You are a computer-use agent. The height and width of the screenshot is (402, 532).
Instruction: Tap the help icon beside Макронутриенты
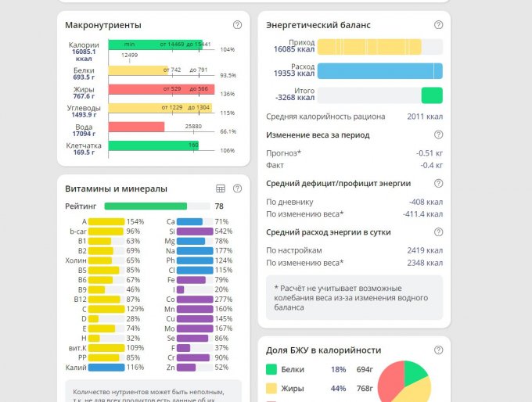[238, 26]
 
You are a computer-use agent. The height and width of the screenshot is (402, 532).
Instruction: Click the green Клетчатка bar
[153, 145]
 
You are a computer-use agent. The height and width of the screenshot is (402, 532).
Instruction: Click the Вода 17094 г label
[84, 130]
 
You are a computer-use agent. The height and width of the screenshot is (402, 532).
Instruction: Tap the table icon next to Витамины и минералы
[221, 188]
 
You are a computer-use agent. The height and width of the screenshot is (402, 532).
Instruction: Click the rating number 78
[219, 206]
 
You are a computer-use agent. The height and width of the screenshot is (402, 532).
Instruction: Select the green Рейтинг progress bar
[146, 206]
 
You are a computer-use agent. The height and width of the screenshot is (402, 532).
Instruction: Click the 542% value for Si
[223, 232]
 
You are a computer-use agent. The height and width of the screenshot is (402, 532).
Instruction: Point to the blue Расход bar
[379, 71]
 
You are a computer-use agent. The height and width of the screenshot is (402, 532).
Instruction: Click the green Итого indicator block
[432, 95]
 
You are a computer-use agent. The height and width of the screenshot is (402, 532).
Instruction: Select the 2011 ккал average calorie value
[425, 117]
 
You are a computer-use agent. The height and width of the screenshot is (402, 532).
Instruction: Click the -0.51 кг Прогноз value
[430, 153]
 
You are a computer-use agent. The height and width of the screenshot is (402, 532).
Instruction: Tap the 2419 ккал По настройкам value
[425, 250]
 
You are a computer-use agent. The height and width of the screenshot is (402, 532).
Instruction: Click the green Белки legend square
[271, 369]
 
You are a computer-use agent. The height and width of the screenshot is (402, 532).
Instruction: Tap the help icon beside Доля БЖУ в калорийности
[438, 350]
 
